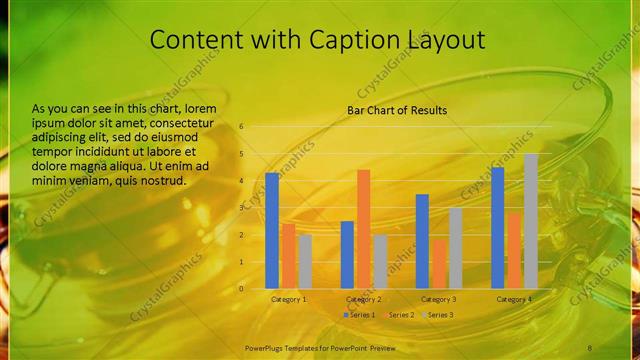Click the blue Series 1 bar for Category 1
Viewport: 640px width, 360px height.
[x=272, y=230]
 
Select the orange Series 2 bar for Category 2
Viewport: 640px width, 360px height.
[x=363, y=228]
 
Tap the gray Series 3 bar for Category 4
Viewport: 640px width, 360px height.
[x=531, y=221]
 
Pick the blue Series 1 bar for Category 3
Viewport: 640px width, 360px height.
[x=422, y=241]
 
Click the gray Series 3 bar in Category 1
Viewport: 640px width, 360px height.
[x=305, y=261]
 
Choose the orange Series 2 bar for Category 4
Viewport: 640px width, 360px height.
[x=514, y=250]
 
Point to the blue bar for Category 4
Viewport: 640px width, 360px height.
[x=498, y=227]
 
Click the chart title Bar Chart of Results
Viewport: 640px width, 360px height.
[x=397, y=110]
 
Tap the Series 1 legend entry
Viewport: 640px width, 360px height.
[x=359, y=315]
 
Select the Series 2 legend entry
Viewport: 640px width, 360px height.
[x=398, y=315]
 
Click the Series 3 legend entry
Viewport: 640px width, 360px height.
[x=437, y=315]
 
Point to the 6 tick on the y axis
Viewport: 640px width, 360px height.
[x=241, y=127]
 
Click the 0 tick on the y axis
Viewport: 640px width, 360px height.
[x=241, y=288]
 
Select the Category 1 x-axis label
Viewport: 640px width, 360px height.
[x=290, y=299]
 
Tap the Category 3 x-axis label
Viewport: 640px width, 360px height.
[x=438, y=299]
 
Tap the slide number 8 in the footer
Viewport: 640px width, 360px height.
[x=590, y=346]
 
